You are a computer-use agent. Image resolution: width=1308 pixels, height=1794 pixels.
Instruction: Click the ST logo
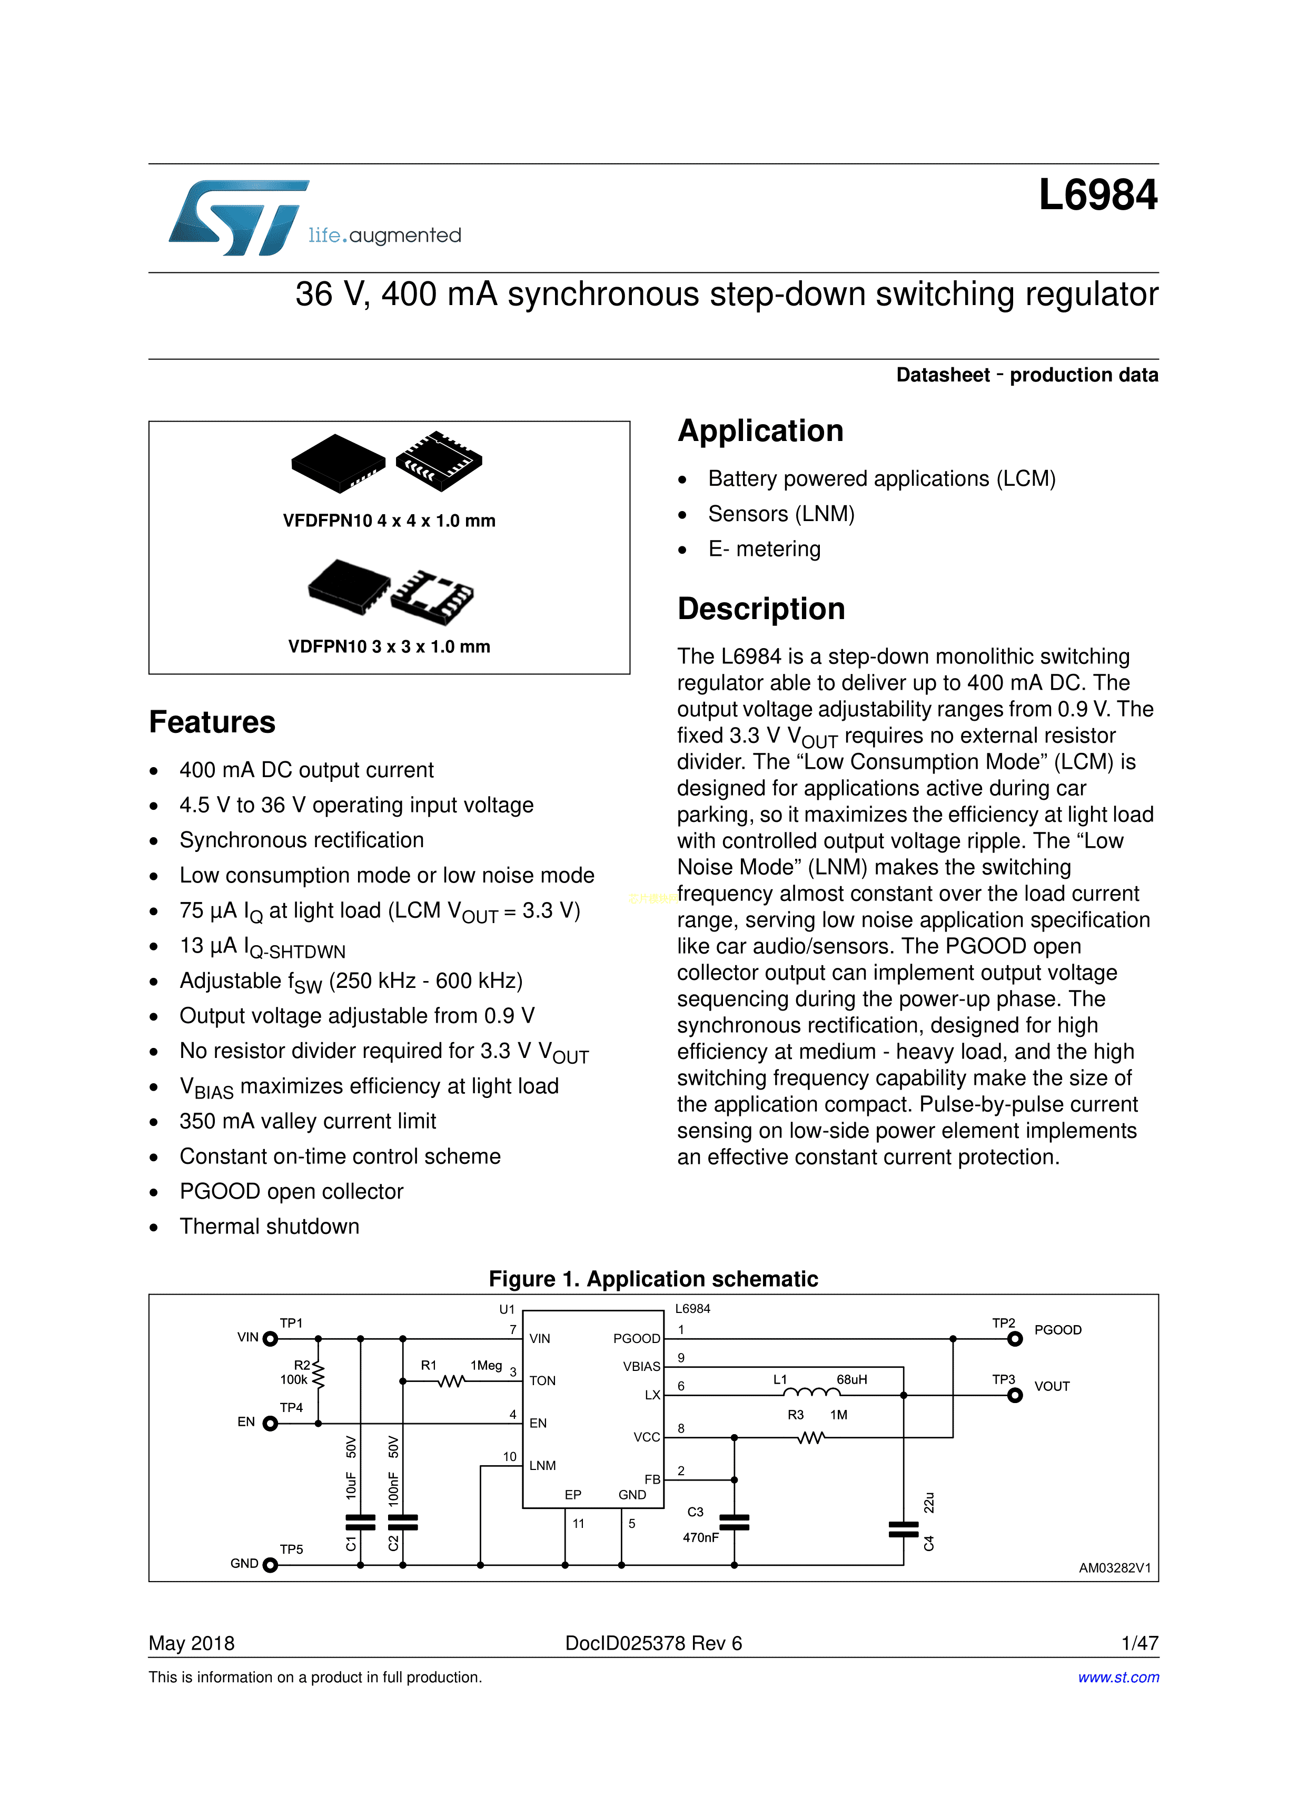(x=237, y=217)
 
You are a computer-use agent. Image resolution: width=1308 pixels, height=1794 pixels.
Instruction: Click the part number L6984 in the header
(x=1097, y=195)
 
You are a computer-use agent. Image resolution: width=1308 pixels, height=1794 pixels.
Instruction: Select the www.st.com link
(x=1118, y=1677)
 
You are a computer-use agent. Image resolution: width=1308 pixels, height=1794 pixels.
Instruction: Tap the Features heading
(x=212, y=722)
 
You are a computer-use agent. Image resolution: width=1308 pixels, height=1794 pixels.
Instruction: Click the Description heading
(x=761, y=609)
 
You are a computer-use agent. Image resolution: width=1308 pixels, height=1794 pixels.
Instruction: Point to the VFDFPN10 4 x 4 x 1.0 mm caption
(x=389, y=521)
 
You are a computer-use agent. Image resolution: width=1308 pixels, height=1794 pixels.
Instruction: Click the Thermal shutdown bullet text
(x=269, y=1226)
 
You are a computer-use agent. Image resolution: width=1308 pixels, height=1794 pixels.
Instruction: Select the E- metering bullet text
(x=764, y=549)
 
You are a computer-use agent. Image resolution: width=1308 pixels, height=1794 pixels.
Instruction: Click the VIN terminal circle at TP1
(x=270, y=1339)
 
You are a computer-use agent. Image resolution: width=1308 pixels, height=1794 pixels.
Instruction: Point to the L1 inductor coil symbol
(x=811, y=1393)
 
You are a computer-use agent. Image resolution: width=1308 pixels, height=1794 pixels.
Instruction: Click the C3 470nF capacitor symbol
(x=734, y=1522)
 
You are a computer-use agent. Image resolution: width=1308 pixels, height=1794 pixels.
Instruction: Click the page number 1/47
(x=1139, y=1643)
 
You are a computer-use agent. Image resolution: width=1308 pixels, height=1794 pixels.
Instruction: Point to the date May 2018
(x=192, y=1643)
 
